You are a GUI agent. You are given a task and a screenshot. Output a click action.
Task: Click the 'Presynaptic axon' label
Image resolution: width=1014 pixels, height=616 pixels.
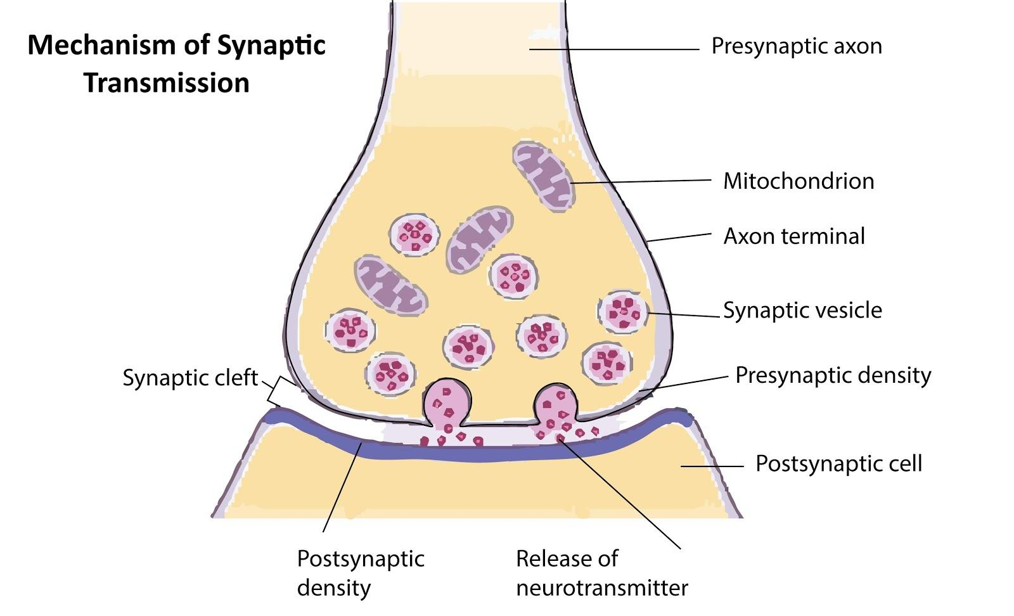796,46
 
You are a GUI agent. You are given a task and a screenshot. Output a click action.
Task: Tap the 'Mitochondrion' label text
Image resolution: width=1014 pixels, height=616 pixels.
799,181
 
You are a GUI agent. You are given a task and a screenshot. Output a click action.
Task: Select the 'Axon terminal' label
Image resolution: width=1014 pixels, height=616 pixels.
794,236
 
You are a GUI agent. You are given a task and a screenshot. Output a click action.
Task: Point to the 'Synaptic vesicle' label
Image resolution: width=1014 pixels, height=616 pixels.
802,311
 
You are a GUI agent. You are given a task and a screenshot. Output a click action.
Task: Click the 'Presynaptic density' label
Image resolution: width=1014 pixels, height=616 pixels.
833,375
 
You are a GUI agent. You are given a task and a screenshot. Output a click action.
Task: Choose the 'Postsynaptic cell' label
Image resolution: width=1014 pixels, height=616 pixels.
838,464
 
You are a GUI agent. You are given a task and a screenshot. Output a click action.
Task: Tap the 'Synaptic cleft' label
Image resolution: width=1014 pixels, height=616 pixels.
190,378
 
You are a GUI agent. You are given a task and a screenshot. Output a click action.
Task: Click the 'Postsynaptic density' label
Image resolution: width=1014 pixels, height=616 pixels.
361,573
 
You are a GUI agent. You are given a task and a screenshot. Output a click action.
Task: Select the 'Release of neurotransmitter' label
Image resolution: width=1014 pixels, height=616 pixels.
601,573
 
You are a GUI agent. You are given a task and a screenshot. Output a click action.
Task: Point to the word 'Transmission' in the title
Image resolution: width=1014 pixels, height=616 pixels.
167,83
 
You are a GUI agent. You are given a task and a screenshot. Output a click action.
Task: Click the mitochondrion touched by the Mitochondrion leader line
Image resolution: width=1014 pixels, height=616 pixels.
544,175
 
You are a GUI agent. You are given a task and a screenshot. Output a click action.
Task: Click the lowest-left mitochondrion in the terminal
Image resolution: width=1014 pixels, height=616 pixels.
390,285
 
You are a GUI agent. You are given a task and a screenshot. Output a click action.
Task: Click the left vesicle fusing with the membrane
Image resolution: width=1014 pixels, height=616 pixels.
447,404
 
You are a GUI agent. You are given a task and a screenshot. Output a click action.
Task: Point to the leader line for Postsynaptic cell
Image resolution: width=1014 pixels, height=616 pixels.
712,466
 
